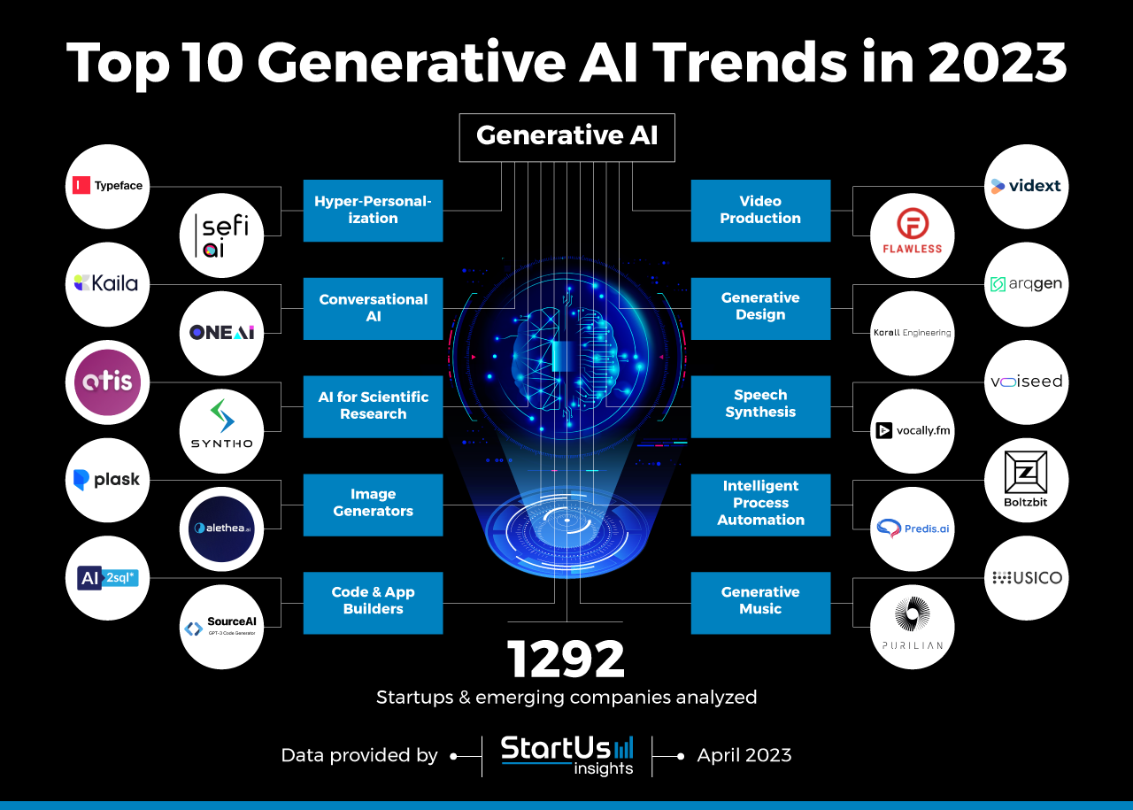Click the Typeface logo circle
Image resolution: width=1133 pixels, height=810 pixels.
[108, 187]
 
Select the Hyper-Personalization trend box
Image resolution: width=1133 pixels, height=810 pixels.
[373, 211]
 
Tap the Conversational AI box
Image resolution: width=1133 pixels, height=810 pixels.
[373, 308]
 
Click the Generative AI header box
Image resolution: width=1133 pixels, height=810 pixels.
[566, 136]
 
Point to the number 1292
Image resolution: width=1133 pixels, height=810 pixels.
[566, 660]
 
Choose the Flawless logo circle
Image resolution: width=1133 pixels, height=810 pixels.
[912, 235]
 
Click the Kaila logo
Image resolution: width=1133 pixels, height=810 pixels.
[108, 284]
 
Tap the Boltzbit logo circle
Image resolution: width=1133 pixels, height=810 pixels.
[1026, 480]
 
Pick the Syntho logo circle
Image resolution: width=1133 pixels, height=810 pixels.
[221, 431]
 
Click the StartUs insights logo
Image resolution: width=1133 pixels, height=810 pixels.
[566, 755]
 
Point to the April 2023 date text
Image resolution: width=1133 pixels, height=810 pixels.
[744, 755]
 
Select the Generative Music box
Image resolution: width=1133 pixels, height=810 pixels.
[760, 602]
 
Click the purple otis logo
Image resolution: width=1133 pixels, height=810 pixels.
[108, 382]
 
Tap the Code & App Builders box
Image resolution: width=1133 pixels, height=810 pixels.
[373, 602]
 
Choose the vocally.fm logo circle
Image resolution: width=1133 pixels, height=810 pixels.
[912, 431]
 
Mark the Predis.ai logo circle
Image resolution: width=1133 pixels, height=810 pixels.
[912, 528]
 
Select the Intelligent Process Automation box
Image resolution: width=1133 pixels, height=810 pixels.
[760, 504]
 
